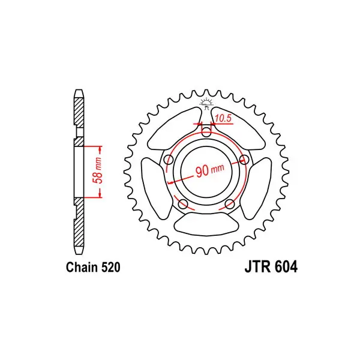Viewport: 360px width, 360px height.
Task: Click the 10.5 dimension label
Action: click(223, 118)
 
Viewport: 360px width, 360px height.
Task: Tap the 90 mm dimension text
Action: click(210, 170)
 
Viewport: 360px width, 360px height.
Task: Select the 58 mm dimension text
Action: click(98, 170)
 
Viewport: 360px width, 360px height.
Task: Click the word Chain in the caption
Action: click(81, 267)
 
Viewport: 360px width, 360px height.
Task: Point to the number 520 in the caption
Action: click(110, 268)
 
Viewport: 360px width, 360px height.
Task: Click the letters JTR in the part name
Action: click(257, 266)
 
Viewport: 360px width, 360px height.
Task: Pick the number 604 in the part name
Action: click(286, 266)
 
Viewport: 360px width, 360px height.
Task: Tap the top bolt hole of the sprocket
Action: click(207, 131)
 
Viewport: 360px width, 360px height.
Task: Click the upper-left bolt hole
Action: click(169, 159)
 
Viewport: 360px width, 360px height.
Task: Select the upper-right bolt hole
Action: click(244, 159)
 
